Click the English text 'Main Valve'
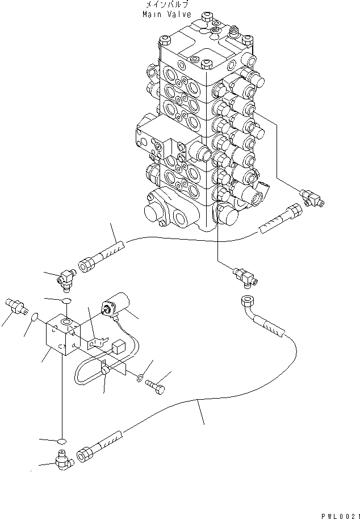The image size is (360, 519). [167, 14]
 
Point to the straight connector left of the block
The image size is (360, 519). [18, 305]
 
